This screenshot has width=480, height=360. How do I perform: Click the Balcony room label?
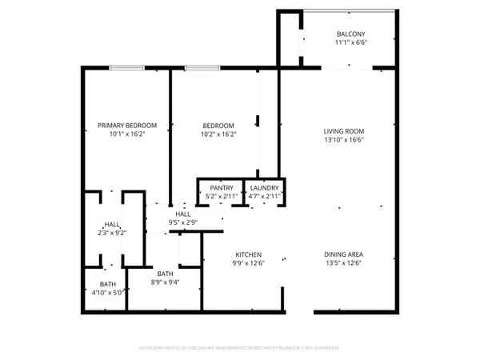click(x=350, y=34)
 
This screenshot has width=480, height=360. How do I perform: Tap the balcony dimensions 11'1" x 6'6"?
click(x=350, y=43)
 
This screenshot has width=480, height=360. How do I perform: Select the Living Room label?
click(x=343, y=131)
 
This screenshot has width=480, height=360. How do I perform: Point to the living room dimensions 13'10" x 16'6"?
click(x=343, y=141)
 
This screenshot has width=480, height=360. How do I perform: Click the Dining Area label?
click(x=343, y=255)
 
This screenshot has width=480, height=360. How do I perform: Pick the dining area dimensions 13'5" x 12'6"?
click(x=343, y=265)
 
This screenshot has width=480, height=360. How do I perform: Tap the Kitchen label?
click(x=249, y=255)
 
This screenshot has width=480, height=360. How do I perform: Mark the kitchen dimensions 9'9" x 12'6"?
click(x=249, y=265)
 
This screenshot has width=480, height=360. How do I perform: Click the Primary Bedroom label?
click(x=126, y=126)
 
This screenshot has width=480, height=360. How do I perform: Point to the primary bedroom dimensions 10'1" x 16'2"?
click(x=126, y=135)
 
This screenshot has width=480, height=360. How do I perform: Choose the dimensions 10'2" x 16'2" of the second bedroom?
click(x=218, y=135)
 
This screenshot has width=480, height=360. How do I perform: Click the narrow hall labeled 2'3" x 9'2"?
click(x=110, y=228)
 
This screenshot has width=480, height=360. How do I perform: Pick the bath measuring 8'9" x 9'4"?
click(x=165, y=278)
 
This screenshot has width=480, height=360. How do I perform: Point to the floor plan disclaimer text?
click(x=240, y=348)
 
